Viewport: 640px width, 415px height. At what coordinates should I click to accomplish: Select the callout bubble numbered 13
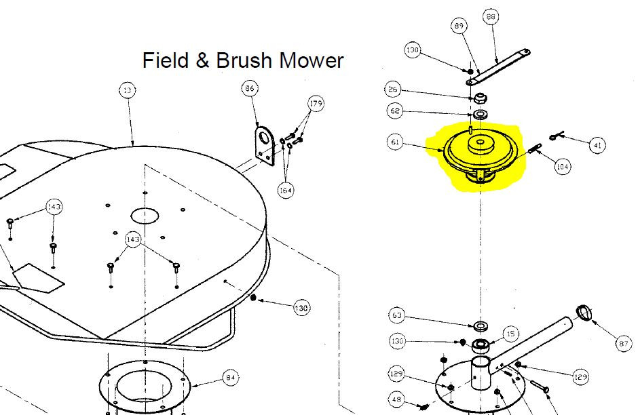click(x=127, y=90)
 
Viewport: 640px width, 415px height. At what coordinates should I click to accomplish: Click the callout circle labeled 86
click(x=250, y=88)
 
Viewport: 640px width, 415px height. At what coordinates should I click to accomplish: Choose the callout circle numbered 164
click(x=286, y=191)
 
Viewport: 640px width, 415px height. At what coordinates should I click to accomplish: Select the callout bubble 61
click(x=394, y=142)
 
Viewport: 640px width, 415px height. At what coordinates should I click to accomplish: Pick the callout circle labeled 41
click(x=597, y=144)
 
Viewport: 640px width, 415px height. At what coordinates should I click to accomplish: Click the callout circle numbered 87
click(x=624, y=344)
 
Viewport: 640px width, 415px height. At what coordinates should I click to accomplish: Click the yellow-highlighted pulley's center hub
click(x=481, y=143)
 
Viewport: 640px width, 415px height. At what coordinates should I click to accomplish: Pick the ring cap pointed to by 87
click(x=584, y=313)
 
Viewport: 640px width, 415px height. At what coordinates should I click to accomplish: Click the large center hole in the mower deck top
click(x=144, y=216)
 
